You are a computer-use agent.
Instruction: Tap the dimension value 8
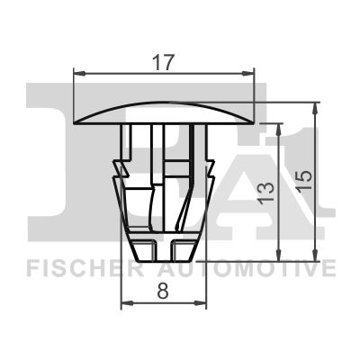[x=163, y=292]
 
